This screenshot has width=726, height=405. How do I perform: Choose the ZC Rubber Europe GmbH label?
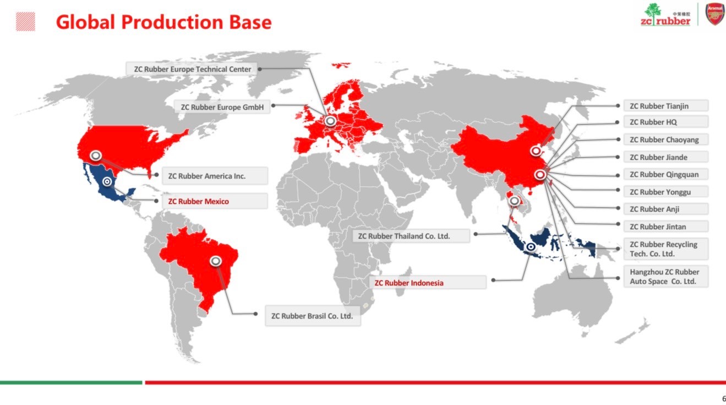tap(222, 107)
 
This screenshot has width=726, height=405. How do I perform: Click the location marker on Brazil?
tap(216, 261)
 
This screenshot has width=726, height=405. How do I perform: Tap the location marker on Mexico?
tap(107, 181)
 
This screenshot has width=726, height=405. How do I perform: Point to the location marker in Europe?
tap(330, 121)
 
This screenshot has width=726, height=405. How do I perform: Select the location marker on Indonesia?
tap(531, 247)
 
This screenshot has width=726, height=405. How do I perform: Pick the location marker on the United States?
tap(96, 156)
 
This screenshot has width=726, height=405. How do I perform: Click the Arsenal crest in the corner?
tap(714, 14)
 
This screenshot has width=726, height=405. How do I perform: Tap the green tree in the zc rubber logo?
tap(653, 12)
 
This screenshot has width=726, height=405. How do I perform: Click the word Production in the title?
tap(172, 22)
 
